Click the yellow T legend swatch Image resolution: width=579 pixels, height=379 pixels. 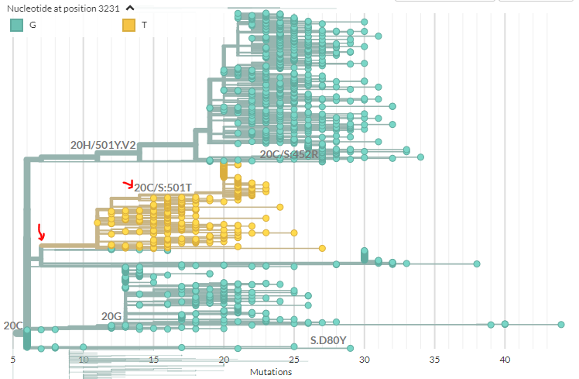(x=129, y=25)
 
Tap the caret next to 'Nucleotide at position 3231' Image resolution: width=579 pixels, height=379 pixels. (x=129, y=8)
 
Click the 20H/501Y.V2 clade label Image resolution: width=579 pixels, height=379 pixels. (x=103, y=145)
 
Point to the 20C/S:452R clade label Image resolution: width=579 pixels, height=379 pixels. (x=289, y=155)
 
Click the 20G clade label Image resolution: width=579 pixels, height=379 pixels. (x=111, y=316)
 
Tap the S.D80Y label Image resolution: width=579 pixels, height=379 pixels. (x=328, y=339)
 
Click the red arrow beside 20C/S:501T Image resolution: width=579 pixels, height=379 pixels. (x=128, y=184)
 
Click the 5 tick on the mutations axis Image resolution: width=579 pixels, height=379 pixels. (x=13, y=360)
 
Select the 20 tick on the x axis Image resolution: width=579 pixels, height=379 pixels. (x=224, y=360)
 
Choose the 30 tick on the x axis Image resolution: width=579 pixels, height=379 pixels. (x=364, y=360)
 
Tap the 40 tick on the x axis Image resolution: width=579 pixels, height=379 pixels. (x=505, y=360)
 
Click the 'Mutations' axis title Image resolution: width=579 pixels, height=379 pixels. (x=271, y=372)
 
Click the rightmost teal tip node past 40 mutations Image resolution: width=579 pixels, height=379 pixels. (x=561, y=324)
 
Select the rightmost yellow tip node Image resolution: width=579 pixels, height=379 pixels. (x=322, y=249)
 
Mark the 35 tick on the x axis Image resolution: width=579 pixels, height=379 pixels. (x=434, y=360)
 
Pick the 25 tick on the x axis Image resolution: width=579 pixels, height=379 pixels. (x=294, y=360)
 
